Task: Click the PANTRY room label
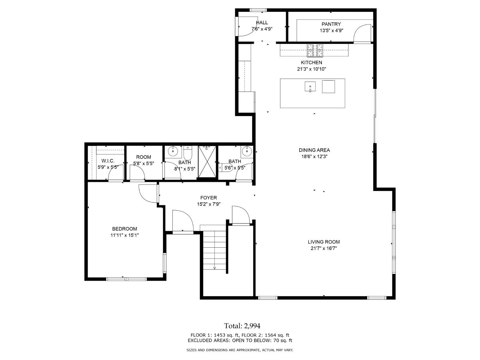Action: (331, 24)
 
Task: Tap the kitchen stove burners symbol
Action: (315, 50)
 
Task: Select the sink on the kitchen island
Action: (310, 87)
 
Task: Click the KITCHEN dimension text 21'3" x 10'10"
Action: (311, 69)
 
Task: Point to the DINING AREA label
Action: (314, 150)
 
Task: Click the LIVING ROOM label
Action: (324, 242)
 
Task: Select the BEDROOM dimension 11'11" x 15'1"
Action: (124, 235)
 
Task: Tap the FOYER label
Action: (209, 198)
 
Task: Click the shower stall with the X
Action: (207, 162)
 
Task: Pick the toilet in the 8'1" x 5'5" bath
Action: (188, 153)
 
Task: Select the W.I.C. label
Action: (108, 161)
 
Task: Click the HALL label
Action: (262, 22)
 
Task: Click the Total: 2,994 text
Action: (242, 326)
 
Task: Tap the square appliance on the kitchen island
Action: (328, 87)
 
